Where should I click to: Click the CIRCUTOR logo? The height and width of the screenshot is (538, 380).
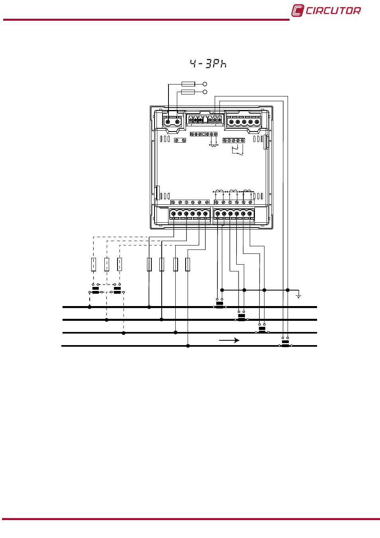pos(326,11)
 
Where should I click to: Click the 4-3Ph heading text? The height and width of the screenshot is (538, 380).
pos(208,64)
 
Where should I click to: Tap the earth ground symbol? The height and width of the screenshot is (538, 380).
pos(298,294)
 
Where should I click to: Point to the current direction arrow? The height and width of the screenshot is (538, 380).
pos(229,340)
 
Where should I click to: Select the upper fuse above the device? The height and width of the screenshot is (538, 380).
pos(188,84)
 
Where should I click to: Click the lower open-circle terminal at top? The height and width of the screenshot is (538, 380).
pos(205,92)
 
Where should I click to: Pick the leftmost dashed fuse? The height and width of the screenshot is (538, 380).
pos(94,265)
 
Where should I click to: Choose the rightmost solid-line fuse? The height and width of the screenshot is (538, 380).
pos(188,265)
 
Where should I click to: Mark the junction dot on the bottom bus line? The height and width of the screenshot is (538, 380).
pos(188,346)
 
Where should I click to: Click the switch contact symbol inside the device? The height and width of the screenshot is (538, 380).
pos(237,150)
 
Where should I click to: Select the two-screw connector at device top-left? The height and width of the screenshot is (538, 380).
pos(172,122)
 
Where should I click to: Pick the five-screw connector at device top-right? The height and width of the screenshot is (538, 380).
pos(244,122)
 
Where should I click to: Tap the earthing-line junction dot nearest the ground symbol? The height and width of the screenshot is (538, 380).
pos(288,290)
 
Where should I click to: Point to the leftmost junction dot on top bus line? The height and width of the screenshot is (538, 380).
pos(90,307)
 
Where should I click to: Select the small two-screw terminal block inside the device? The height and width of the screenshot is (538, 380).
pos(180,140)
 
